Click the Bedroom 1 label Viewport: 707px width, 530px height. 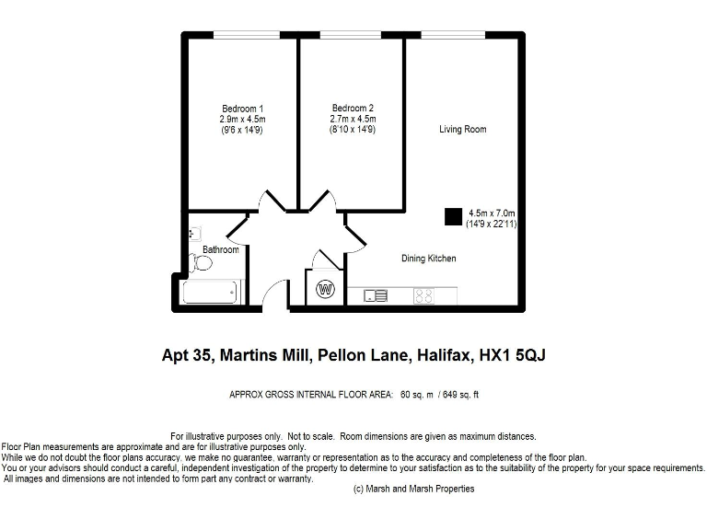point(242,109)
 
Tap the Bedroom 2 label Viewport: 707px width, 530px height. point(353,109)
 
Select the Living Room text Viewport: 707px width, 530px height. point(462,130)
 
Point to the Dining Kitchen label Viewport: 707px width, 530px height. point(428,259)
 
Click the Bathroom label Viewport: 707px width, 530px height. point(221,249)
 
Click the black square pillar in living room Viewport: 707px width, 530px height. point(453,216)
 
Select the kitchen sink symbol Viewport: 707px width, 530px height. point(376,295)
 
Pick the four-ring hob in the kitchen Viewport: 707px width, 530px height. point(423,295)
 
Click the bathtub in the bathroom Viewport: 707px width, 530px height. point(212,293)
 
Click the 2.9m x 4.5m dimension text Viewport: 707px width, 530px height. point(242,120)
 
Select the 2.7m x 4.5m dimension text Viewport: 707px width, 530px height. point(353,120)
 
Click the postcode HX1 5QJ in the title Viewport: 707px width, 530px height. point(507,354)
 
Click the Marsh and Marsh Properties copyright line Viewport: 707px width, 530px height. point(413,489)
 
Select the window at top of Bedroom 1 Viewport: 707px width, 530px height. point(241,34)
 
